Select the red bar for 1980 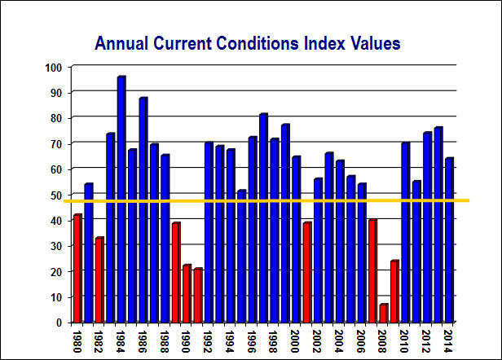coord(77,269)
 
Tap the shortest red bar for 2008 coord(383,314)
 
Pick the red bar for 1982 coord(99,280)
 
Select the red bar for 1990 coord(187,294)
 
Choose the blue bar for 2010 coord(405,233)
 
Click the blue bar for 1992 coord(209,233)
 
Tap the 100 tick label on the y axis coord(55,67)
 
